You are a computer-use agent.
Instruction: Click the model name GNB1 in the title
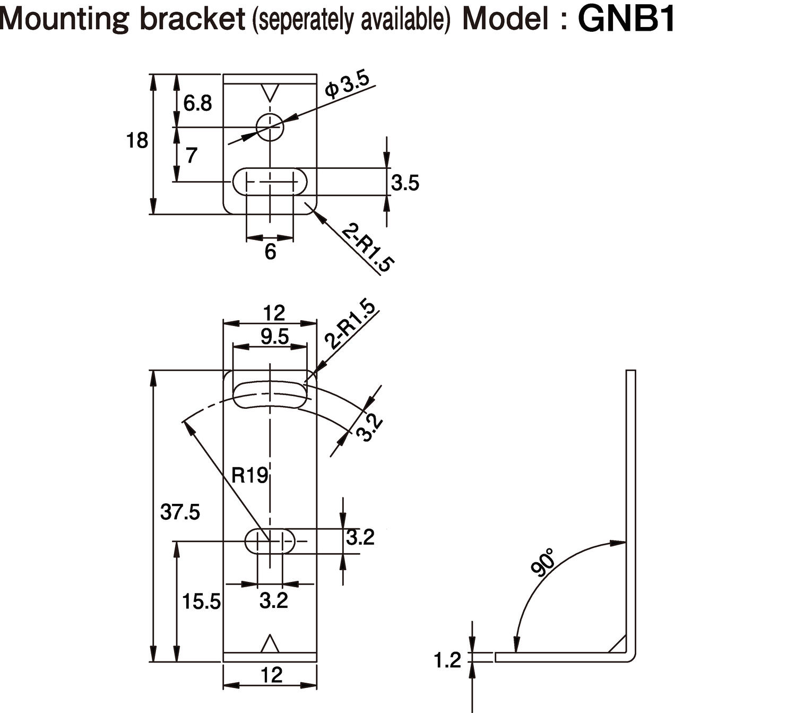point(626,20)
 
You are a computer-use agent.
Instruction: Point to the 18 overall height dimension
point(136,141)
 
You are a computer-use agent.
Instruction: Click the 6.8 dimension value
point(197,104)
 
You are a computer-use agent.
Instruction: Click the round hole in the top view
point(270,127)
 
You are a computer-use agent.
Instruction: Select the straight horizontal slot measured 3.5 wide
point(270,182)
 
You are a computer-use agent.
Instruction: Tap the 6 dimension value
point(270,252)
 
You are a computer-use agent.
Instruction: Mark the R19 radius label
point(249,475)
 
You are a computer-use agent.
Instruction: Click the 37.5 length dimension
point(180,512)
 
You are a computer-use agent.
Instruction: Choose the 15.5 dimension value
point(201,602)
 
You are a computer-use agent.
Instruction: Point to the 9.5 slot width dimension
point(274,337)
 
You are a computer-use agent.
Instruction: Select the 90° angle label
point(542,563)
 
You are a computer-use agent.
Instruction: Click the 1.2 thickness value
point(447,660)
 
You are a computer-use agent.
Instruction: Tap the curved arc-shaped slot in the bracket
point(270,394)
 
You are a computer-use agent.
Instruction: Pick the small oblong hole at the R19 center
point(270,541)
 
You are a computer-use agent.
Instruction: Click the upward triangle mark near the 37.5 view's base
point(270,644)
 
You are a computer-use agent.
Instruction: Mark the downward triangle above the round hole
point(270,92)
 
